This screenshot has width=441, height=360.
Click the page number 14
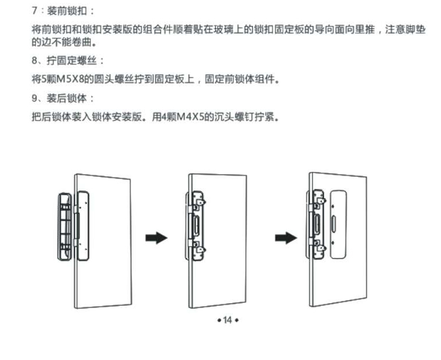click(x=227, y=320)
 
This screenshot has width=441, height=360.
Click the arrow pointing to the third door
click(x=286, y=238)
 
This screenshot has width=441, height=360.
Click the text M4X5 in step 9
click(x=187, y=118)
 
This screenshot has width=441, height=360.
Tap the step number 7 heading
click(x=35, y=12)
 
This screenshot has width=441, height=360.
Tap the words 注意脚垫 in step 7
click(x=405, y=30)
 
